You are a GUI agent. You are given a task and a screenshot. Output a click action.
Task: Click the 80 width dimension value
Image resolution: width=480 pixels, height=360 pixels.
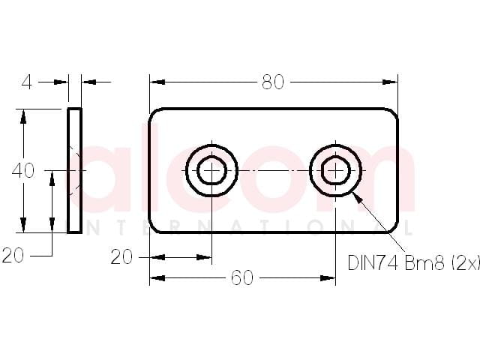tap(273, 82)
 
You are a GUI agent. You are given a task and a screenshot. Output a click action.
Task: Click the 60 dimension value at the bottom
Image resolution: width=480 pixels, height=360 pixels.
tap(242, 278)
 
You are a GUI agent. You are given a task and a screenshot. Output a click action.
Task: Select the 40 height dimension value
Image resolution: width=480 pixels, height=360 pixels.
tap(23, 170)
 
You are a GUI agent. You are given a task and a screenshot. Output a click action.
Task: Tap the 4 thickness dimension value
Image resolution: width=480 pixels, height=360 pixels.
tap(27, 82)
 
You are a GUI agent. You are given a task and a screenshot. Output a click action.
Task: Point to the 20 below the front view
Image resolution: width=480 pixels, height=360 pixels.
tap(121, 256)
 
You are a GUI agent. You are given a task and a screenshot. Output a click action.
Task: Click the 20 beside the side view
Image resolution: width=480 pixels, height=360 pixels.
tap(13, 255)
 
